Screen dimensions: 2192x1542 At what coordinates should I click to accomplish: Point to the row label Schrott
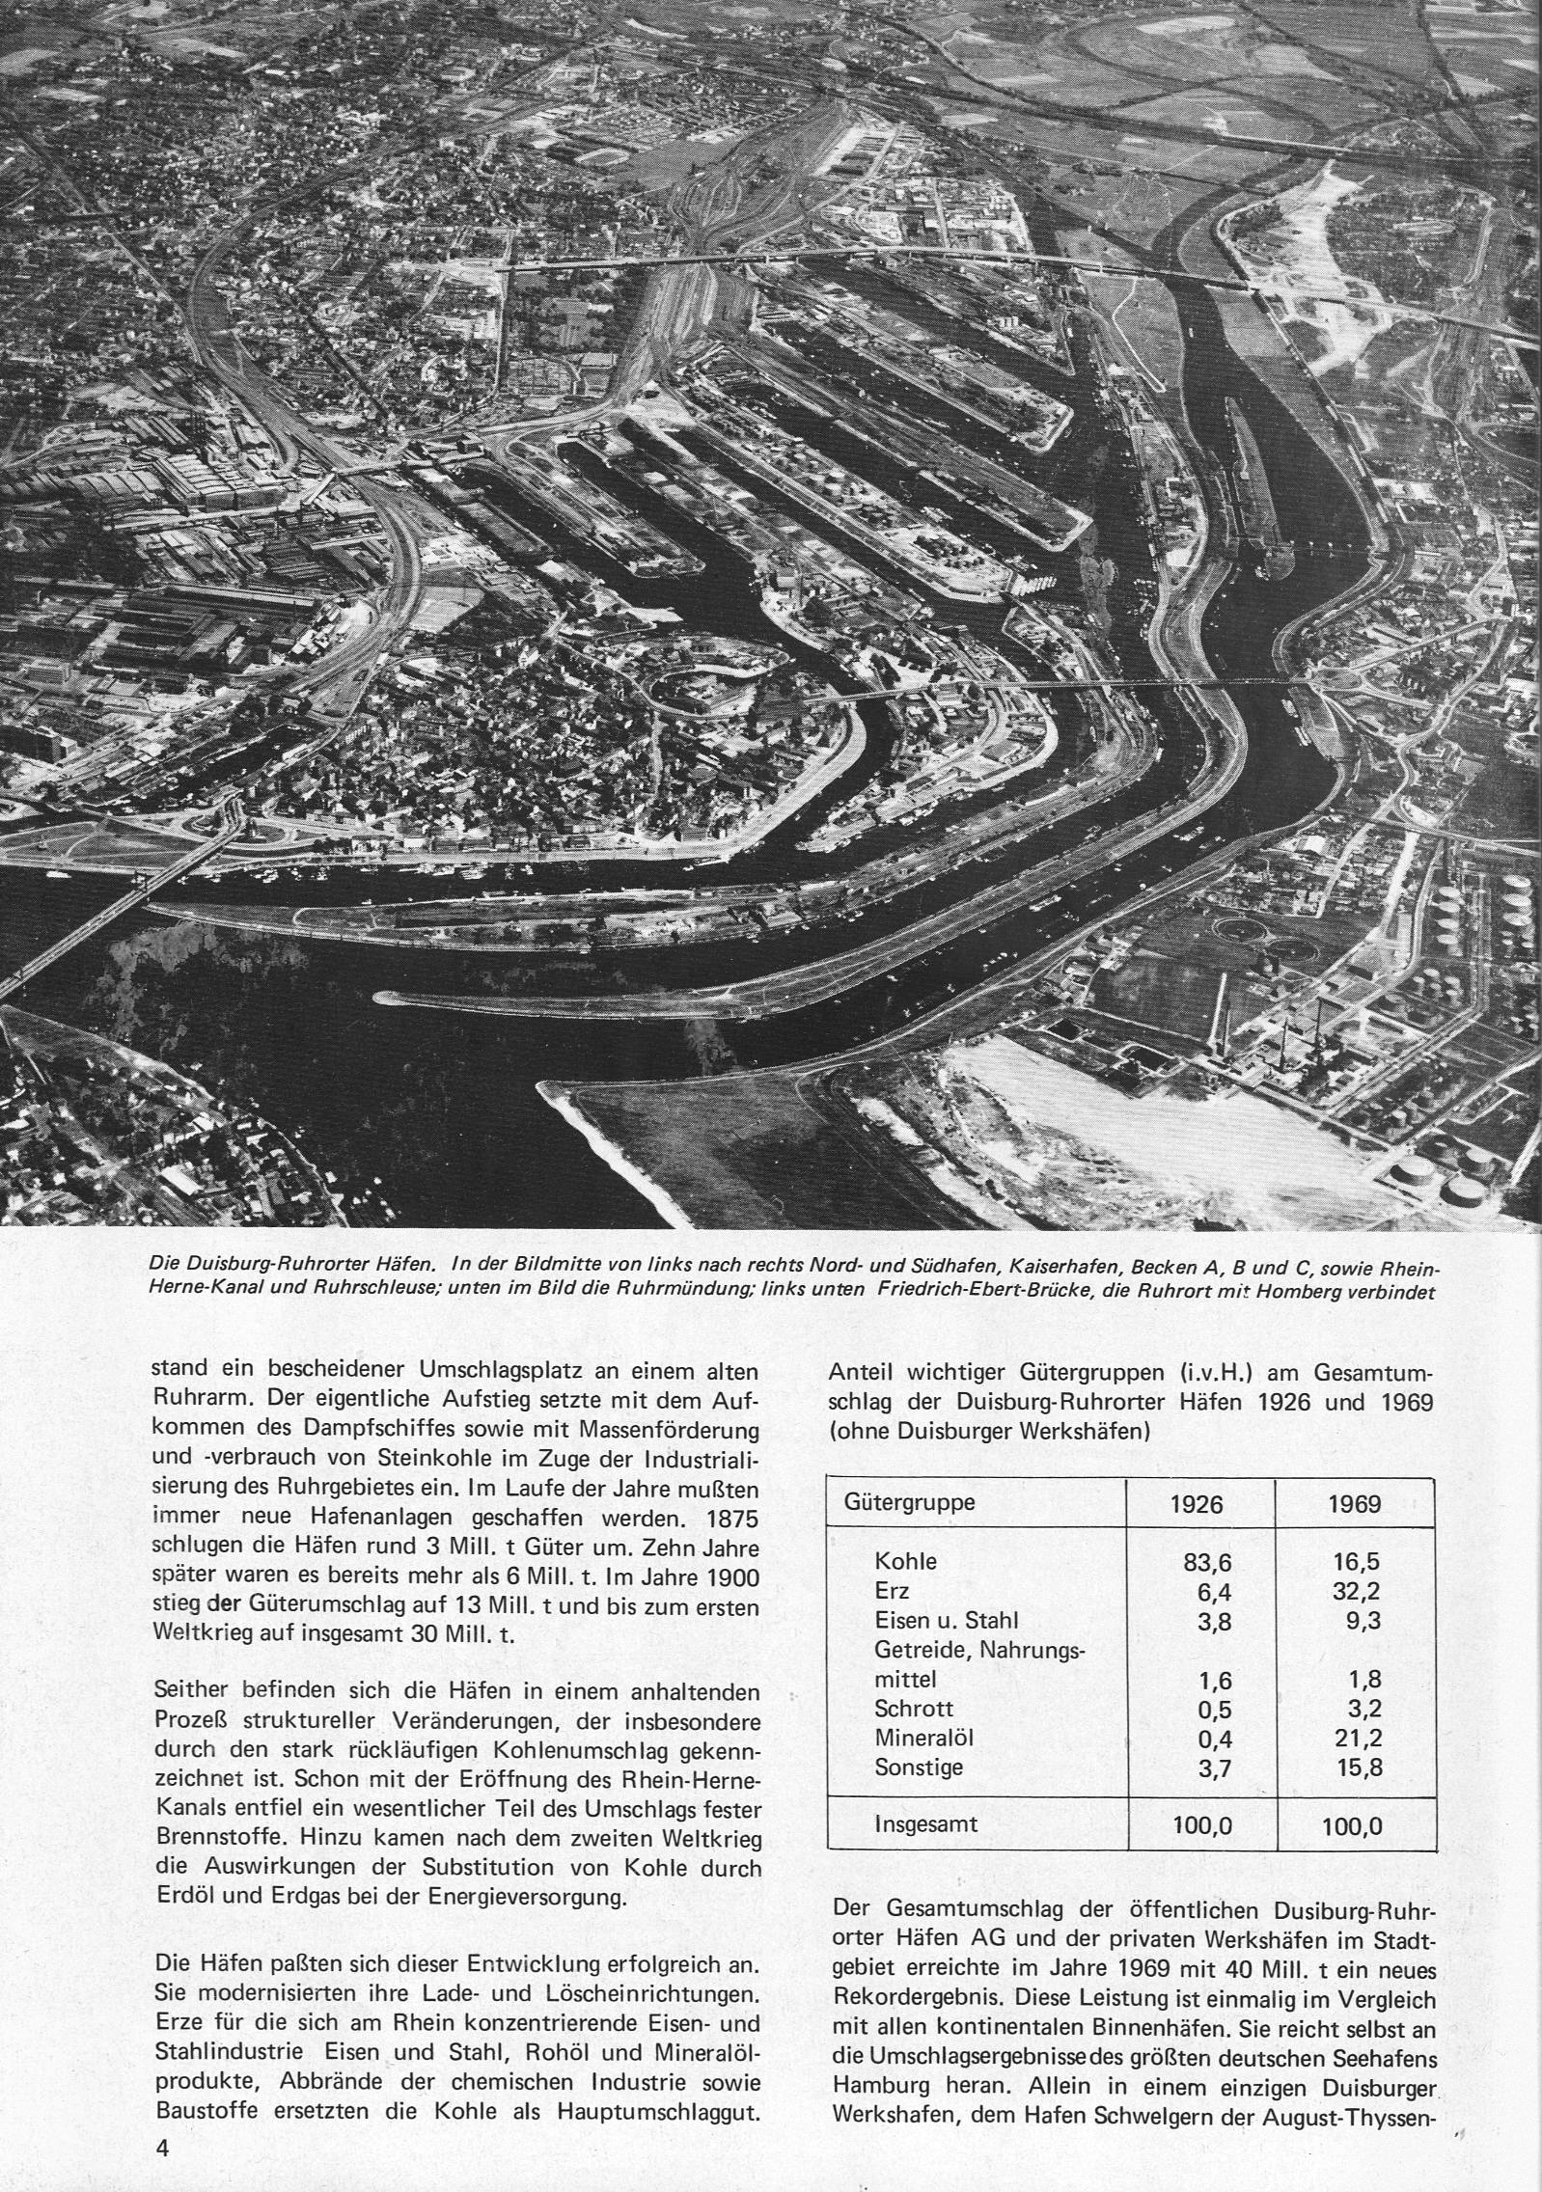pyautogui.click(x=914, y=1709)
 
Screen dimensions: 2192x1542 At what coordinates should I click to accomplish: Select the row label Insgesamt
pyautogui.click(x=924, y=1824)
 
